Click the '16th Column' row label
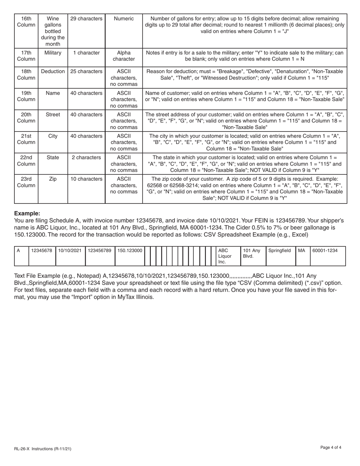point(26,22)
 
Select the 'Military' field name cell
point(53,53)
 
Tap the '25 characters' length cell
point(86,71)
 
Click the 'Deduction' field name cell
point(53,71)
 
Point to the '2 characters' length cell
point(86,157)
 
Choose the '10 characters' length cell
point(86,179)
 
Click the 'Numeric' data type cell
point(124,19)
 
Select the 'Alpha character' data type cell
point(124,56)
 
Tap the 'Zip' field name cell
point(53,179)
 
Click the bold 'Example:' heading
point(27,213)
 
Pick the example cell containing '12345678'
point(42,250)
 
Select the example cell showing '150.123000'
point(130,250)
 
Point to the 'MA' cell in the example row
point(302,250)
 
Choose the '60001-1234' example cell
point(325,250)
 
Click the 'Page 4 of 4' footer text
point(330,447)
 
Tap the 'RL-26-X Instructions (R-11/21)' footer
point(42,449)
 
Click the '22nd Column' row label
point(26,161)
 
